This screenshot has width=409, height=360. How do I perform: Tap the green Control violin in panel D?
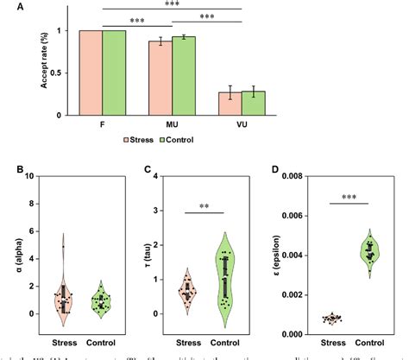click(x=371, y=252)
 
